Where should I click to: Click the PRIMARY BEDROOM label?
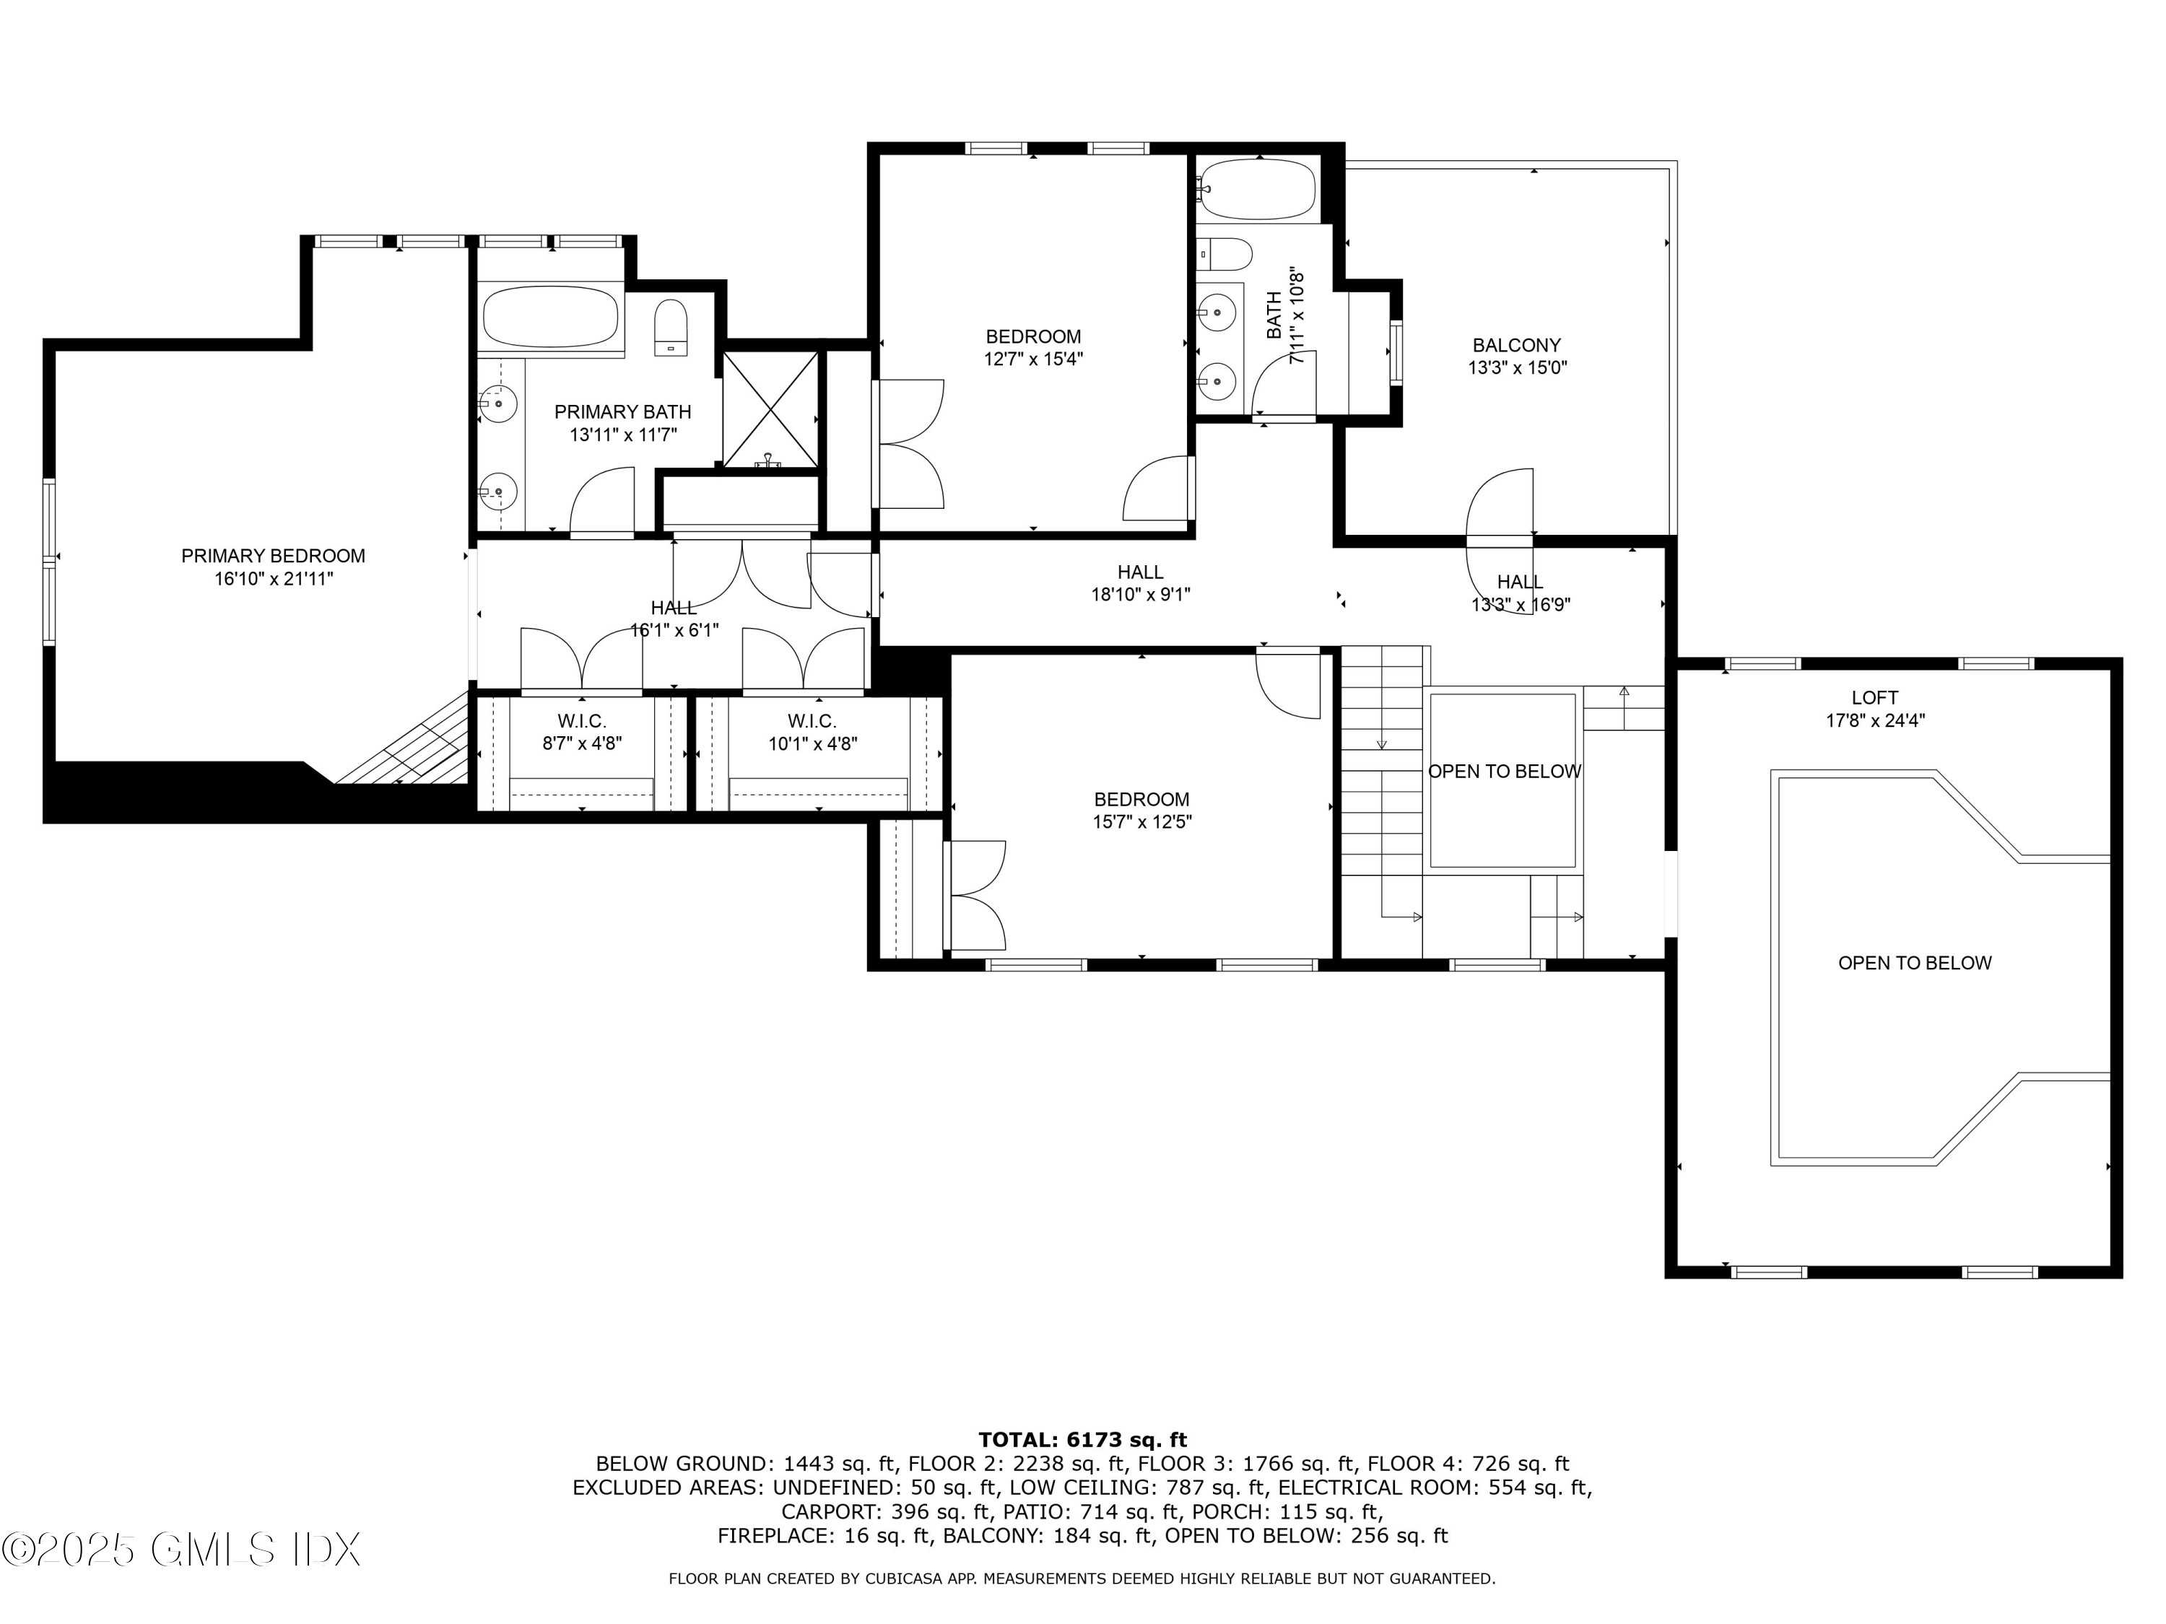(x=273, y=556)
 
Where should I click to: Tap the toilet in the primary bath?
(x=671, y=327)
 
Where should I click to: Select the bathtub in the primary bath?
(x=549, y=316)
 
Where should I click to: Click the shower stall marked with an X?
(x=770, y=409)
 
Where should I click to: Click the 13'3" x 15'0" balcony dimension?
(x=1515, y=369)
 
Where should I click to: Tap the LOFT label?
(x=1874, y=698)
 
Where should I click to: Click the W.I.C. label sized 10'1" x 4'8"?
(x=812, y=722)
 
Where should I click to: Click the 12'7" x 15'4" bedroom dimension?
(x=1033, y=360)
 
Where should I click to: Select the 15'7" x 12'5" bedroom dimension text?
(x=1141, y=822)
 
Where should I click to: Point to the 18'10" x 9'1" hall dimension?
(x=1141, y=594)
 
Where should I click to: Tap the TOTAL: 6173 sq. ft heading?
(x=1082, y=1440)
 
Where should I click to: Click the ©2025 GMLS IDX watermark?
(x=181, y=1550)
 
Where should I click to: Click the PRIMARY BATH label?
(x=623, y=412)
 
